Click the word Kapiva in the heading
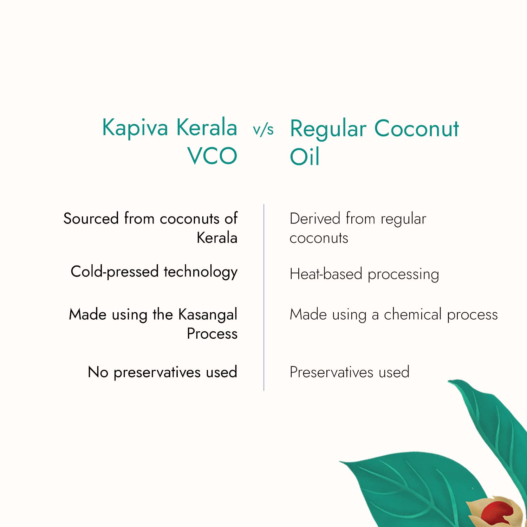(x=135, y=128)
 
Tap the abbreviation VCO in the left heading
(x=212, y=156)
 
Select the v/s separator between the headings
(x=263, y=130)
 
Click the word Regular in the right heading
(x=328, y=129)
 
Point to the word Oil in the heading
(x=304, y=157)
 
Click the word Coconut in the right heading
(x=416, y=128)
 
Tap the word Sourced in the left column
(x=91, y=219)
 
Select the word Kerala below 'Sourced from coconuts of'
(x=217, y=238)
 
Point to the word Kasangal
(x=208, y=314)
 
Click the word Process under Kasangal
(x=212, y=333)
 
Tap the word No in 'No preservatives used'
(x=98, y=372)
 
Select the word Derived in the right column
(x=315, y=219)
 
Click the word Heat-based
(x=326, y=274)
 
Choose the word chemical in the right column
(x=412, y=314)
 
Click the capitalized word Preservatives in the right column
(x=331, y=372)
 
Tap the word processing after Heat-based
(x=403, y=275)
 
